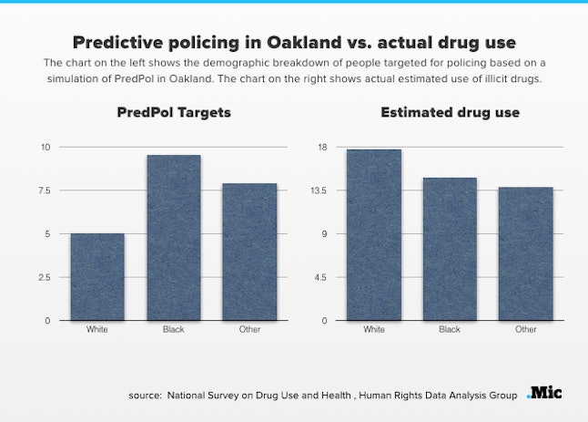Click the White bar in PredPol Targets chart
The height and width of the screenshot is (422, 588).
pyautogui.click(x=97, y=277)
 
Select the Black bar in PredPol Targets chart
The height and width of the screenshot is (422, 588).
pyautogui.click(x=174, y=238)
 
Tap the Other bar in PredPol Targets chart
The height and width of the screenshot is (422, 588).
pyautogui.click(x=249, y=252)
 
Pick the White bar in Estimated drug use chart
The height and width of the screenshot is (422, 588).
pyautogui.click(x=373, y=235)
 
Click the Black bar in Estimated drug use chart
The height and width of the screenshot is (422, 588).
pyautogui.click(x=450, y=249)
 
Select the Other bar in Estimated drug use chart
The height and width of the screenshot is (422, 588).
pyautogui.click(x=525, y=253)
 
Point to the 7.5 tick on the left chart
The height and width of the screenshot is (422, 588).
pyautogui.click(x=45, y=190)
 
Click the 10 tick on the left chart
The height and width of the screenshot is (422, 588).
pyautogui.click(x=46, y=147)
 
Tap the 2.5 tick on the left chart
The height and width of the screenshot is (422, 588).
pyautogui.click(x=45, y=277)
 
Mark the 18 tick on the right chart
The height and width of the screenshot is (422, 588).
pyautogui.click(x=321, y=147)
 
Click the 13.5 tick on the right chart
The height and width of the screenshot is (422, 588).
pyautogui.click(x=319, y=190)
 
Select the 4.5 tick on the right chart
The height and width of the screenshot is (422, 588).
pyautogui.click(x=320, y=277)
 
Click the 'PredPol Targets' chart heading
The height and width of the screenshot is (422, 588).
pyautogui.click(x=173, y=113)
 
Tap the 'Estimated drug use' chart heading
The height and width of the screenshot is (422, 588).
pyautogui.click(x=449, y=113)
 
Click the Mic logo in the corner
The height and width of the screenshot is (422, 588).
pyautogui.click(x=545, y=393)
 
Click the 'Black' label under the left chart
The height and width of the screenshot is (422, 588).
pyautogui.click(x=173, y=329)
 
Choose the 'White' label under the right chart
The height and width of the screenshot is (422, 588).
pyautogui.click(x=373, y=329)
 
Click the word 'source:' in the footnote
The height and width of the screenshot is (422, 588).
pyautogui.click(x=147, y=395)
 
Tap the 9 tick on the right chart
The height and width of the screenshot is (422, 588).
pyautogui.click(x=324, y=233)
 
